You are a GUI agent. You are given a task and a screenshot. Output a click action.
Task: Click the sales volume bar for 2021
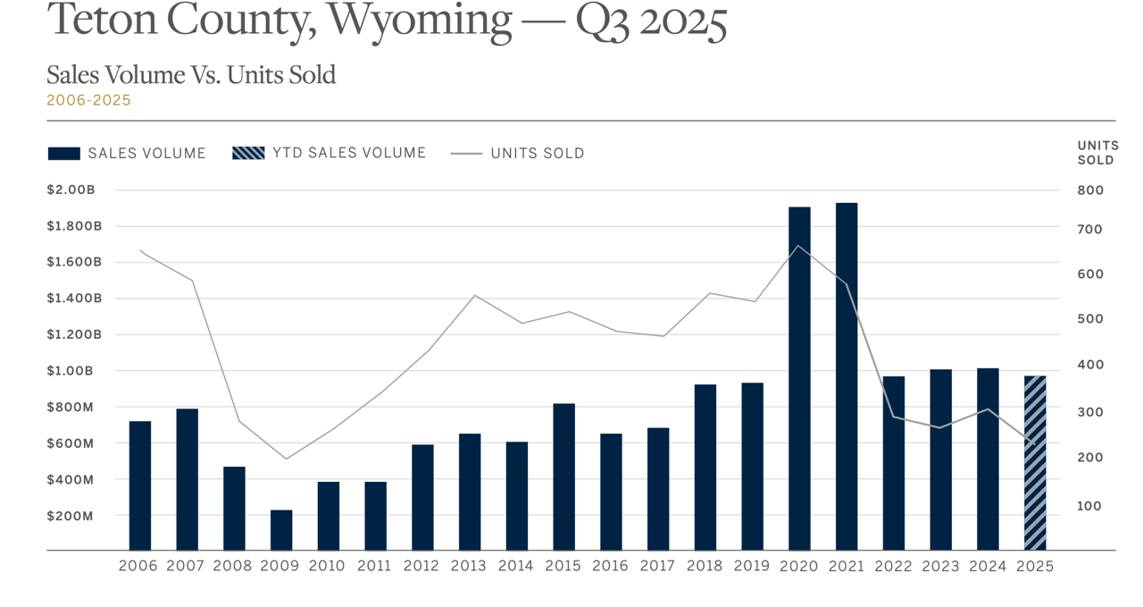tap(847, 375)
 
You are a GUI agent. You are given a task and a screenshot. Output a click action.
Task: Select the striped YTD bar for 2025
tap(1034, 462)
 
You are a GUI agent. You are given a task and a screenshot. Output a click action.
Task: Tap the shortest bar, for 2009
tap(281, 529)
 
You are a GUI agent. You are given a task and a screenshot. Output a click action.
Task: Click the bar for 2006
tap(140, 485)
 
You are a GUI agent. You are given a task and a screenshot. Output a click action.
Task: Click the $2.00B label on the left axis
tap(71, 190)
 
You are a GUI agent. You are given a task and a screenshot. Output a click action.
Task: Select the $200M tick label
tap(70, 516)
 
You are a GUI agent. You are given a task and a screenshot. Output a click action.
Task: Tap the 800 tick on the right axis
tap(1091, 190)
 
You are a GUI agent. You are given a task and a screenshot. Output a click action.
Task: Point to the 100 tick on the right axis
tap(1091, 506)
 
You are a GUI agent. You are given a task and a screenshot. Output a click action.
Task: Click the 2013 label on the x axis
tap(468, 567)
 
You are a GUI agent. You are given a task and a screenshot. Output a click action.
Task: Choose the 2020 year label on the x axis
tap(798, 567)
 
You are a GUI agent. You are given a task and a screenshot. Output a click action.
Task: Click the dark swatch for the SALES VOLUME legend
tap(64, 154)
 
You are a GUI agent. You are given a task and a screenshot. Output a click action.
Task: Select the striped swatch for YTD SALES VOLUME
tap(248, 154)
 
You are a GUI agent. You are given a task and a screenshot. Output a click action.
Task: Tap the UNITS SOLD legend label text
tap(538, 154)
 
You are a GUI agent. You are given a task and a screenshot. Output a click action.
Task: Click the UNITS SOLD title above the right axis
tap(1097, 153)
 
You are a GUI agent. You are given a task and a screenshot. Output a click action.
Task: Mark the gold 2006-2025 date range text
tap(88, 100)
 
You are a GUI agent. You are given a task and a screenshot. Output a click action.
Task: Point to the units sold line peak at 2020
tap(799, 246)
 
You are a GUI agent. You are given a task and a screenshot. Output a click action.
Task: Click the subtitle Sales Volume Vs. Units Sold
tap(191, 75)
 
